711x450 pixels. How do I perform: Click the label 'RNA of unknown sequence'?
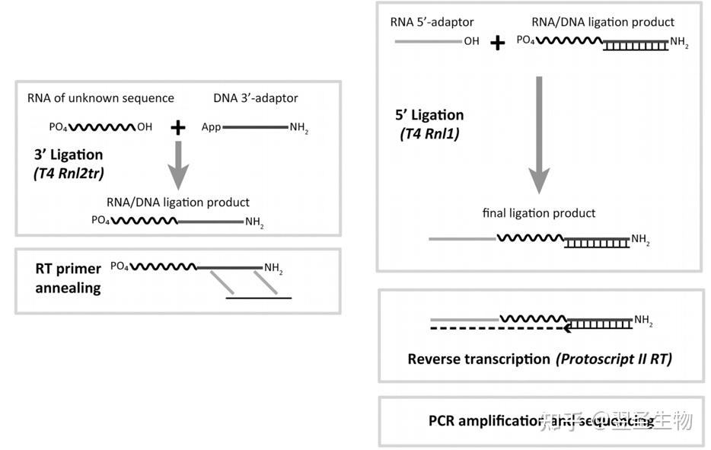pyautogui.click(x=100, y=98)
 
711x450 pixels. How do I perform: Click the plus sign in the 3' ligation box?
pyautogui.click(x=177, y=127)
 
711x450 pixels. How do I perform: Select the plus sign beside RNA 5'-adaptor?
pyautogui.click(x=497, y=43)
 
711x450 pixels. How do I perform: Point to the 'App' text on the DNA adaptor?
pyautogui.click(x=211, y=127)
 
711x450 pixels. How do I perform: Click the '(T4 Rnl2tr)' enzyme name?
pyautogui.click(x=69, y=173)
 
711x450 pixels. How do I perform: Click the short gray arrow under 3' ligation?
pyautogui.click(x=177, y=165)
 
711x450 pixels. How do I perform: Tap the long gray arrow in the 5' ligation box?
pyautogui.click(x=539, y=133)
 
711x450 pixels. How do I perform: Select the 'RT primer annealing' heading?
pyautogui.click(x=69, y=278)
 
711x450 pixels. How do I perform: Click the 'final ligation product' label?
pyautogui.click(x=539, y=213)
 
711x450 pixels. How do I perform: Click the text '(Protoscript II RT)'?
pyautogui.click(x=613, y=359)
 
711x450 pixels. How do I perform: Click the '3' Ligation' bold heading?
pyautogui.click(x=69, y=155)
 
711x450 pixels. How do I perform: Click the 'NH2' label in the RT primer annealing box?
pyautogui.click(x=274, y=267)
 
